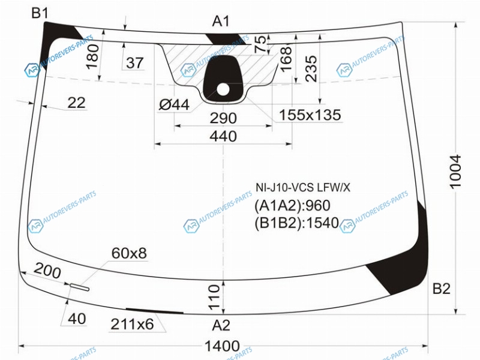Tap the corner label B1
point(41,13)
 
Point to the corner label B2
point(441,289)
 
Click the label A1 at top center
point(221,22)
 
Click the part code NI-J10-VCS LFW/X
point(302,188)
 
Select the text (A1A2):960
point(293,206)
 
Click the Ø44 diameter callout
point(174,105)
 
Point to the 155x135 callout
point(310,115)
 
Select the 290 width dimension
point(223,118)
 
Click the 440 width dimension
point(223,136)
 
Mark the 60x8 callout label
point(128,253)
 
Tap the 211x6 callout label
point(132,325)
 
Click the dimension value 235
point(311,68)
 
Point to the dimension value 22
point(76,103)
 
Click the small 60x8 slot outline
point(79,286)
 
